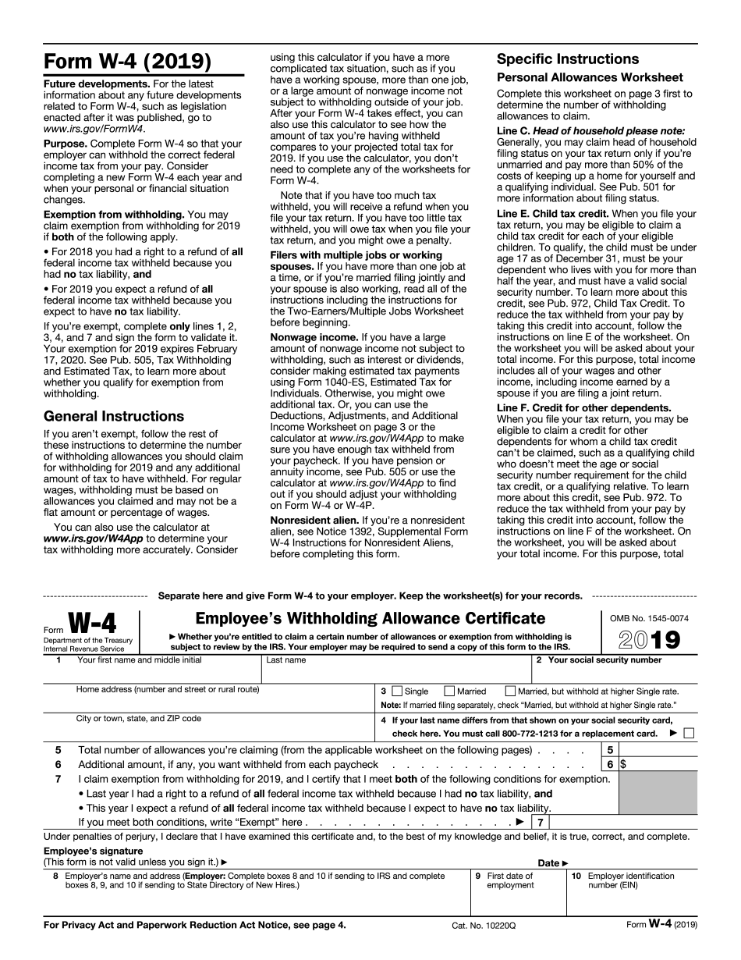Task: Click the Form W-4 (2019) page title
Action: [x=127, y=62]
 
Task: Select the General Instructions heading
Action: [x=114, y=416]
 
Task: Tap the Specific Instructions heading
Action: [x=568, y=59]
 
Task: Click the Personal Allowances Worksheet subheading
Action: [x=590, y=77]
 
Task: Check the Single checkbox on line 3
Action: [x=397, y=691]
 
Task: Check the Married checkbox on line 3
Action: [x=449, y=691]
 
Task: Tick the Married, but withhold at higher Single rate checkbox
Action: [x=510, y=691]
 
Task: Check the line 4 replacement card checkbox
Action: [x=688, y=733]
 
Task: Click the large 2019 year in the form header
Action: [x=649, y=640]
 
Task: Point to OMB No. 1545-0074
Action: [x=649, y=618]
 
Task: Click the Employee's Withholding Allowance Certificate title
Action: [x=370, y=619]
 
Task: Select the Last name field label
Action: [x=285, y=660]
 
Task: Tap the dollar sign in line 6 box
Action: [x=622, y=765]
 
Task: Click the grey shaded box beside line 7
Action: [x=658, y=793]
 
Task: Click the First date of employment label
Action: [x=511, y=880]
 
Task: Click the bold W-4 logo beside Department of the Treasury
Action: [x=92, y=624]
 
